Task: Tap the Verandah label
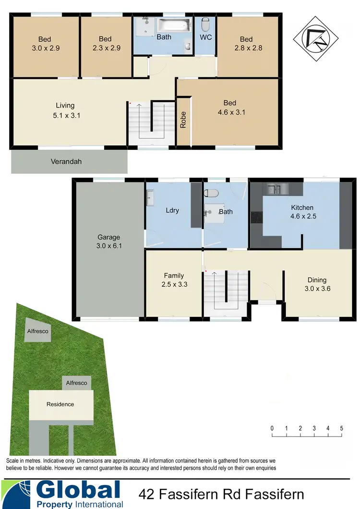(x=66, y=162)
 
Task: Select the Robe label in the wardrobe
(x=183, y=120)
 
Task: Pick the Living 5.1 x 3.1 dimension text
(x=65, y=115)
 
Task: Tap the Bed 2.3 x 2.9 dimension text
(x=105, y=48)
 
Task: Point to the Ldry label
(x=172, y=211)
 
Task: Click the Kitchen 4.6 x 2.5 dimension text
(x=304, y=216)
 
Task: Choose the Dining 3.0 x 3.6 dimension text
(x=317, y=289)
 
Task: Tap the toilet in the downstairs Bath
(x=211, y=193)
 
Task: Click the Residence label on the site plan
(x=60, y=404)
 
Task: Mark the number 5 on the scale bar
(x=342, y=428)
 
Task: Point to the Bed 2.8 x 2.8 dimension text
(x=246, y=48)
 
